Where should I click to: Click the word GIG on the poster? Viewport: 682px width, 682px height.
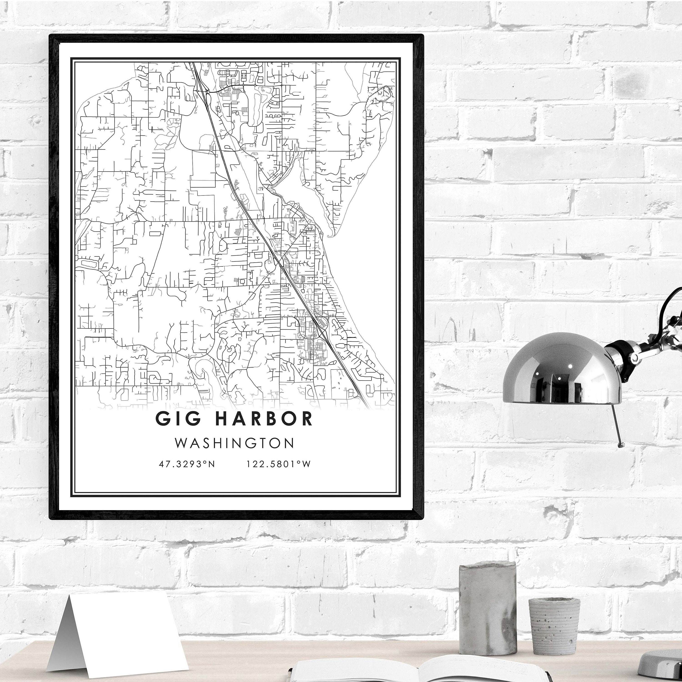coord(178,419)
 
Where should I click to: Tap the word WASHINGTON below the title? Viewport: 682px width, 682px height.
coord(235,443)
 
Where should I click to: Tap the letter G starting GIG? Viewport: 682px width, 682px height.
coord(162,419)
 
